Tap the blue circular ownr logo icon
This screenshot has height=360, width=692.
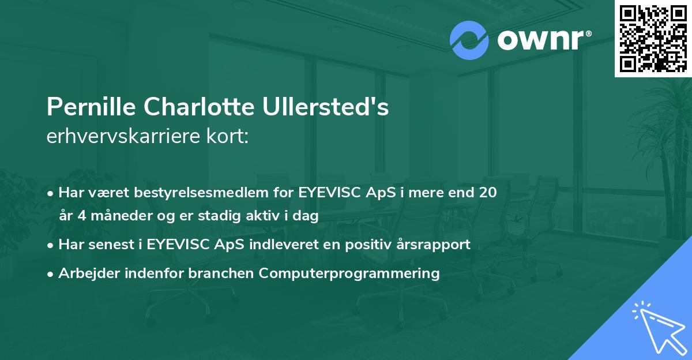469,40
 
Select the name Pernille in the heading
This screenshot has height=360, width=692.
91,108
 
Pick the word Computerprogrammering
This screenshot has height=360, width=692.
349,273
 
